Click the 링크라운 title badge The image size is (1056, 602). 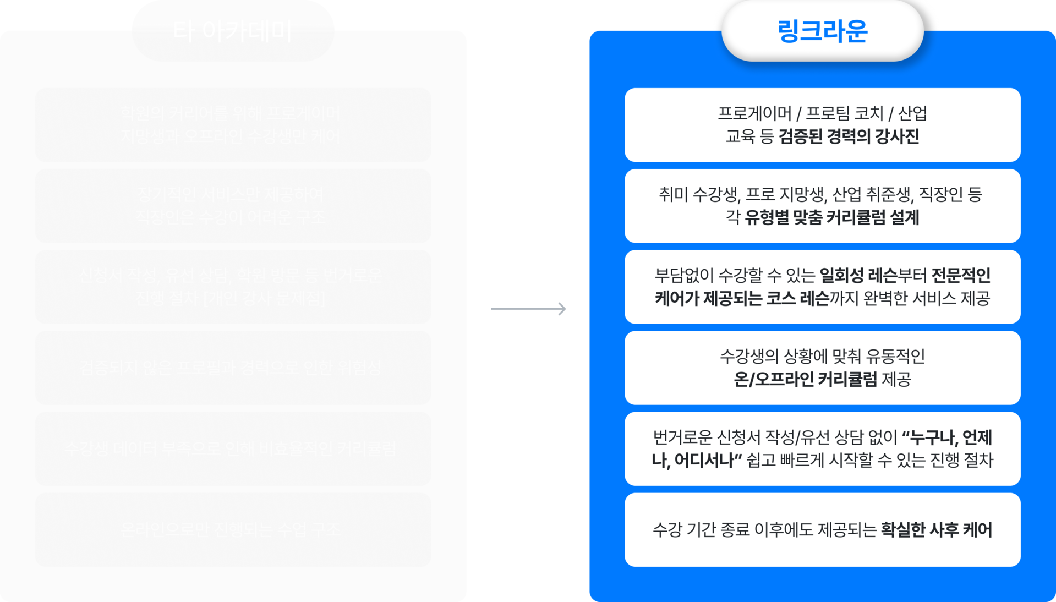pyautogui.click(x=822, y=31)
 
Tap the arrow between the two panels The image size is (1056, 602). pyautogui.click(x=528, y=309)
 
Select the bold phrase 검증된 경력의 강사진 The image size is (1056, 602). pyautogui.click(x=849, y=136)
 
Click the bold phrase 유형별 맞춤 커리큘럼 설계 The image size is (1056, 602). pyautogui.click(x=832, y=217)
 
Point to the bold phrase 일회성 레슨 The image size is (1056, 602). pyautogui.click(x=858, y=275)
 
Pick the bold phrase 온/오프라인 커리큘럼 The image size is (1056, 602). pyautogui.click(x=805, y=379)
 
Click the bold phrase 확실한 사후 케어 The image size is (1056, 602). pyautogui.click(x=936, y=530)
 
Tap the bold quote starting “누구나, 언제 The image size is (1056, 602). pyautogui.click(x=946, y=438)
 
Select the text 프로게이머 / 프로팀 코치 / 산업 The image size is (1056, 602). pyautogui.click(x=822, y=113)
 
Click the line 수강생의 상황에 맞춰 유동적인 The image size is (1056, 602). pyautogui.click(x=822, y=356)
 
